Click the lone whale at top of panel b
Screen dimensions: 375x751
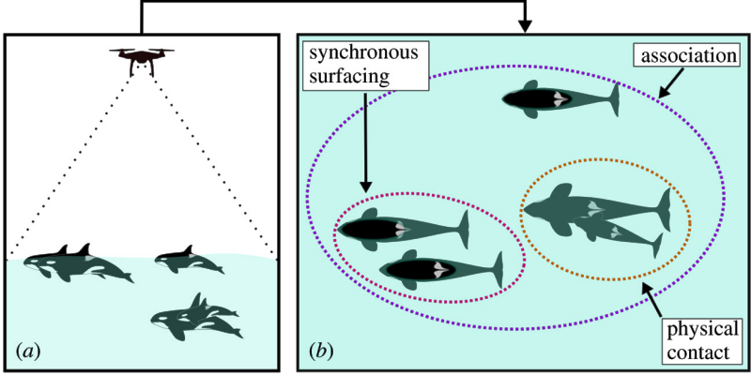pos(560,98)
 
